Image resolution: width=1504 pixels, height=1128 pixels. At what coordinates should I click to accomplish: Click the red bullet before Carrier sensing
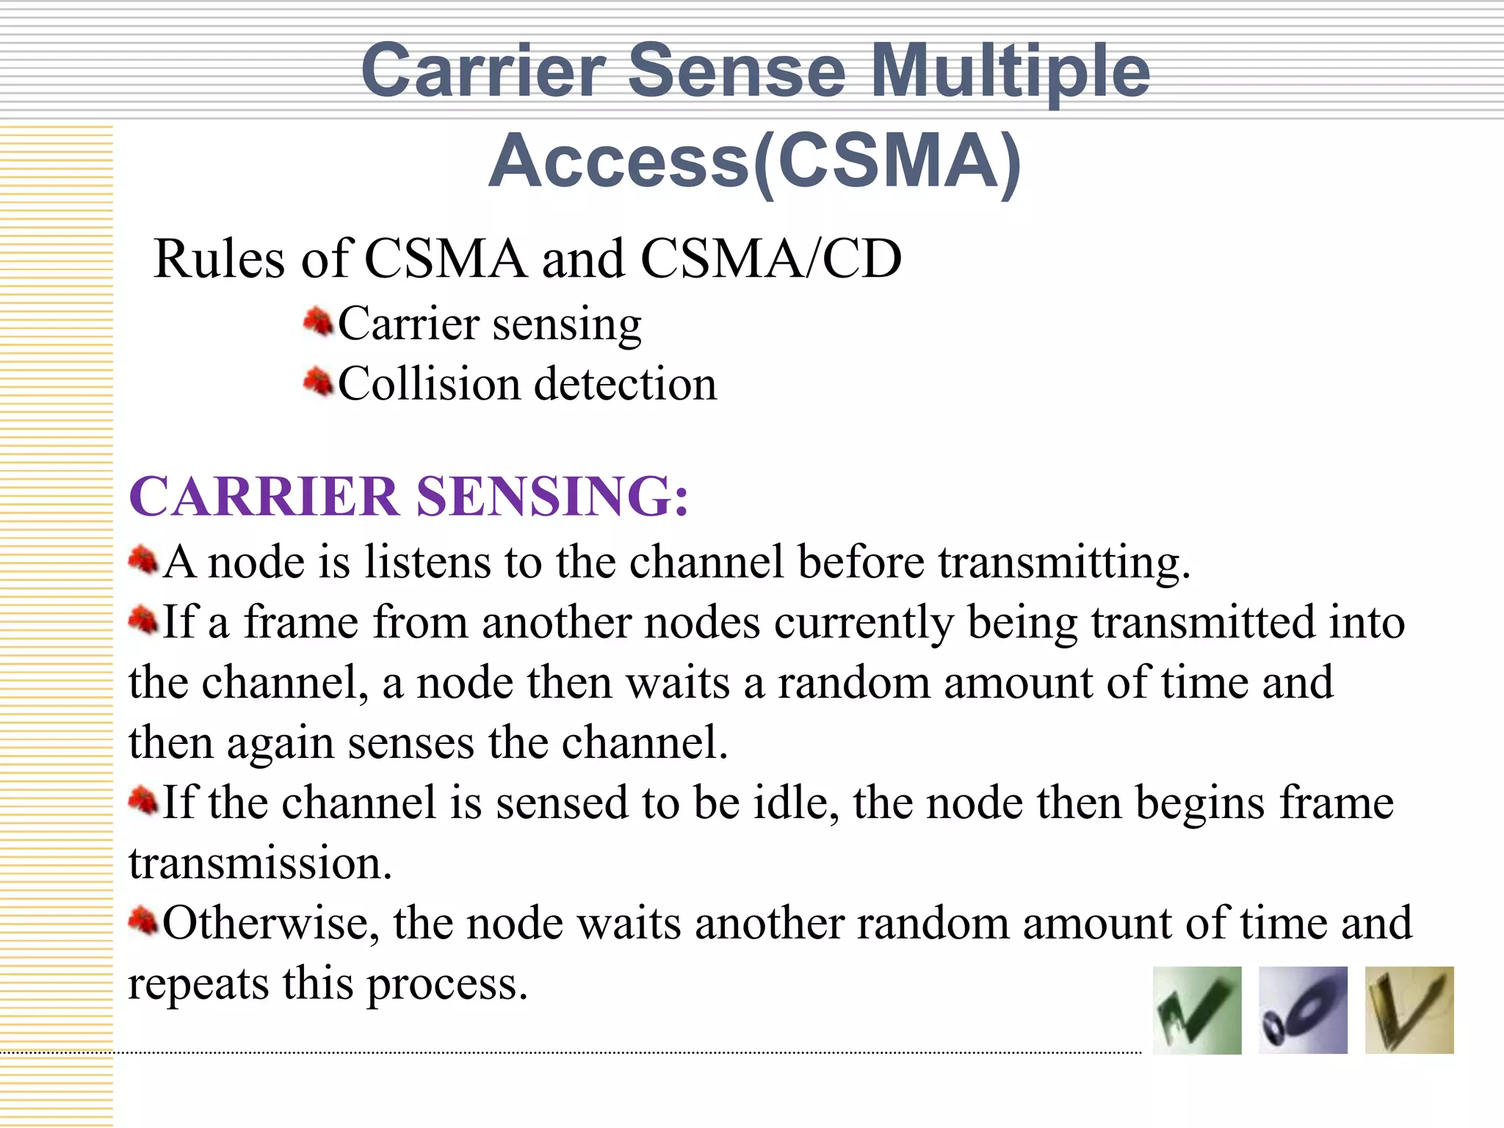pos(318,322)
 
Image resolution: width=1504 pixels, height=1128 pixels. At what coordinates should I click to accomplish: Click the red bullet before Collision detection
pos(318,382)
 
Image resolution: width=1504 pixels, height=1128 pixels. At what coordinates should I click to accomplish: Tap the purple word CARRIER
pos(264,496)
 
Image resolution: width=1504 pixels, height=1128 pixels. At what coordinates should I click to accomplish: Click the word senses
pos(411,743)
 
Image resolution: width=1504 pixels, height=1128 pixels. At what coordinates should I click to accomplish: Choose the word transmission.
pos(260,863)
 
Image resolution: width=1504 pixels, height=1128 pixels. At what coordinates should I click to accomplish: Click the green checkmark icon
pos(1197,1010)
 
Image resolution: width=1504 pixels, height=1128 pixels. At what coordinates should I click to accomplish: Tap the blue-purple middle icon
pos(1303,1010)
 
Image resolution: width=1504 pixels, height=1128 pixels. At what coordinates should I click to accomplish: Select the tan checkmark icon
pos(1409,1010)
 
